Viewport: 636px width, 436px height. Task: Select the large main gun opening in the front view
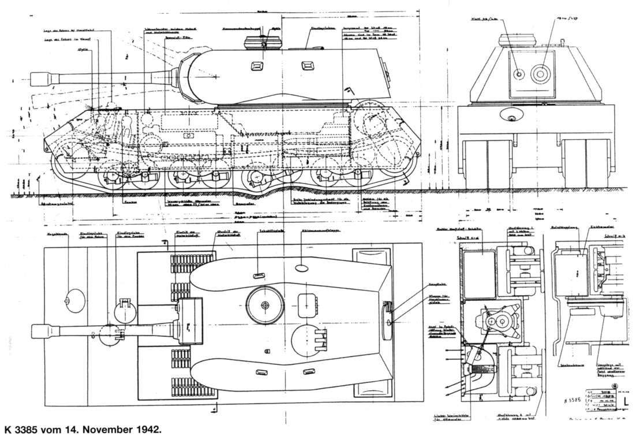(541, 73)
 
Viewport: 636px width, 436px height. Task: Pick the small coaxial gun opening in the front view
(519, 73)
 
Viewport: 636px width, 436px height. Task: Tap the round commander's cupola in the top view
(265, 304)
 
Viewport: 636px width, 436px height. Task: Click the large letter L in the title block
(627, 401)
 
